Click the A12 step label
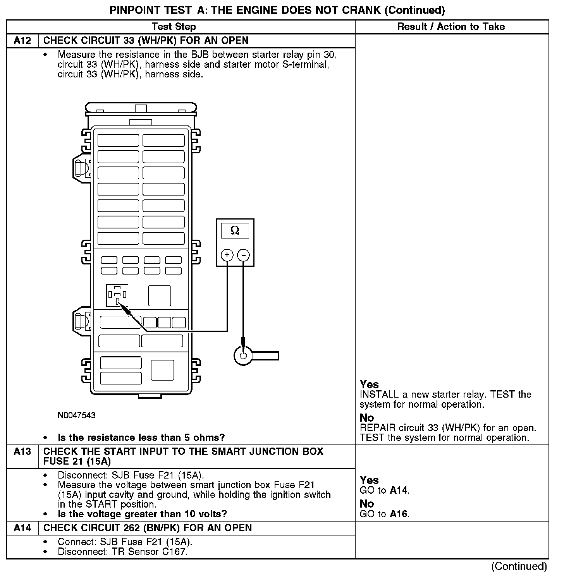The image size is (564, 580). pos(22,41)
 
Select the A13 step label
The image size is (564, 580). pos(22,451)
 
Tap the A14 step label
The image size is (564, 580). pos(22,528)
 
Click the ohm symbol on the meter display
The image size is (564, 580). pos(235,231)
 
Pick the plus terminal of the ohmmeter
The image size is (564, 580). pos(227,255)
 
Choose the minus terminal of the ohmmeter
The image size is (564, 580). pos(243,255)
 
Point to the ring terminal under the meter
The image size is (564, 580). pos(243,355)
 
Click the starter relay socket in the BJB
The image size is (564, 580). pos(117,295)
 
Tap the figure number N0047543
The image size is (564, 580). pos(76,415)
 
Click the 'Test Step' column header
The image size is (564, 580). pos(174,27)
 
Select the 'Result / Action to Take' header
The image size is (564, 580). pos(451,27)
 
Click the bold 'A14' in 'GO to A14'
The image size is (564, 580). pos(399,491)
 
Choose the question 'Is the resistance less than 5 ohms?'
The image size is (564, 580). pos(141,438)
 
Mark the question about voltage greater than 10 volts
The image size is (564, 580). pos(142,514)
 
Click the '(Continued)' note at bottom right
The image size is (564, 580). pos(519,566)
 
